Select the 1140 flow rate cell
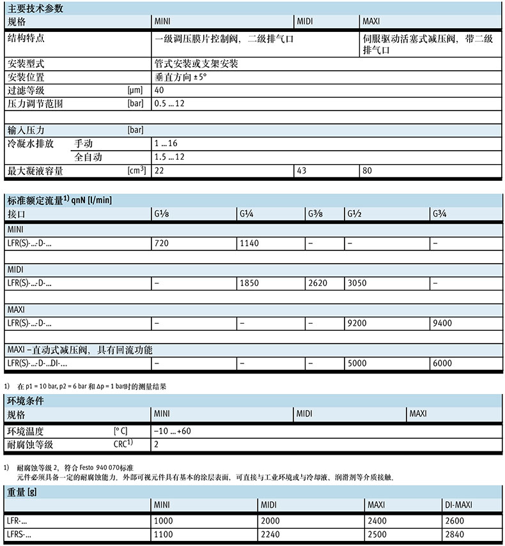[x=248, y=243]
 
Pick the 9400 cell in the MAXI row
[x=443, y=324]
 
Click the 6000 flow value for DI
[x=443, y=363]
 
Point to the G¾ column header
[x=440, y=213]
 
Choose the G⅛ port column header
[x=162, y=213]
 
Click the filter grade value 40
[x=159, y=90]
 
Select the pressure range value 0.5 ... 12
[x=169, y=103]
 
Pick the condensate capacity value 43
[x=302, y=171]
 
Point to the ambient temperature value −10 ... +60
[x=173, y=431]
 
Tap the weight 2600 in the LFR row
[x=453, y=521]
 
